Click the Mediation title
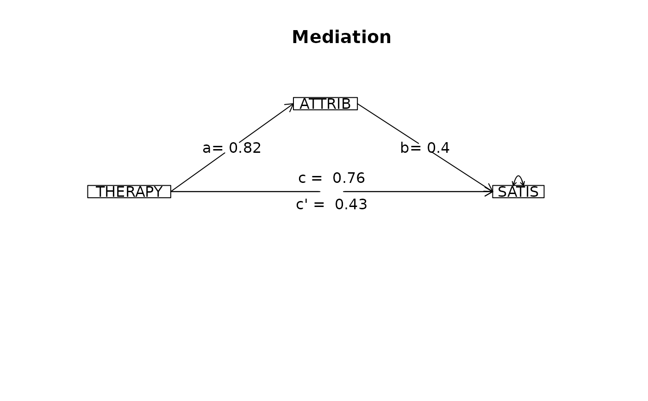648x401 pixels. pos(342,37)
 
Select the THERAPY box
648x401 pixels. pos(129,192)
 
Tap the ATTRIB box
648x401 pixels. pos(325,104)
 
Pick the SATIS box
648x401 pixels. pos(518,192)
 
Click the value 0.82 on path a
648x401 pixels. pos(245,148)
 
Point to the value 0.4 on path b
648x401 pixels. pos(438,148)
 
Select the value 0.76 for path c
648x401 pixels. pos(349,178)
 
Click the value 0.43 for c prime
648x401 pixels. pos(351,205)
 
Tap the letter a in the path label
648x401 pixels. pos(206,149)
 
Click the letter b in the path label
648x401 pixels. pos(405,148)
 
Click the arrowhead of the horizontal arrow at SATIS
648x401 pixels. pos(489,192)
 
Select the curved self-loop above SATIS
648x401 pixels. pos(518,176)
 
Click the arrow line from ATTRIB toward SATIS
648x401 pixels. pos(425,148)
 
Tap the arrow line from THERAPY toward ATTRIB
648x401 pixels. pos(232,148)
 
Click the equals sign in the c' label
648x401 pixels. pos(319,205)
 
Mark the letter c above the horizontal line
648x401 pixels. pos(302,179)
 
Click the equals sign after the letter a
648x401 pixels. pos(218,149)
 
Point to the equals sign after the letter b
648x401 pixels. pos(416,149)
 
